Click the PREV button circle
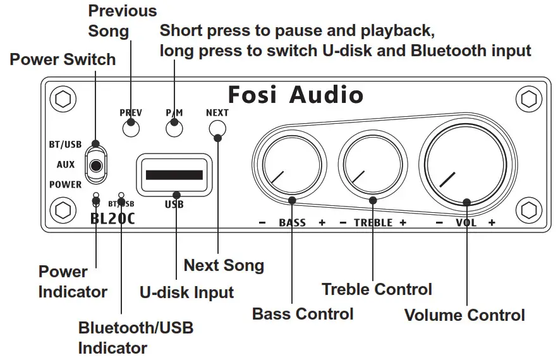131,128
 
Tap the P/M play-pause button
174,128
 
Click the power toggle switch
95,164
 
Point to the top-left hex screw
63,99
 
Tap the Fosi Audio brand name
295,95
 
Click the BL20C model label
112,219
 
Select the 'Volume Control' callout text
464,315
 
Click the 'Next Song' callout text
224,265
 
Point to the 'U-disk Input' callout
186,292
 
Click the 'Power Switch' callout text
63,60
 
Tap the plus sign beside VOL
492,222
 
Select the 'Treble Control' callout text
377,289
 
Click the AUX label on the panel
66,164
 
